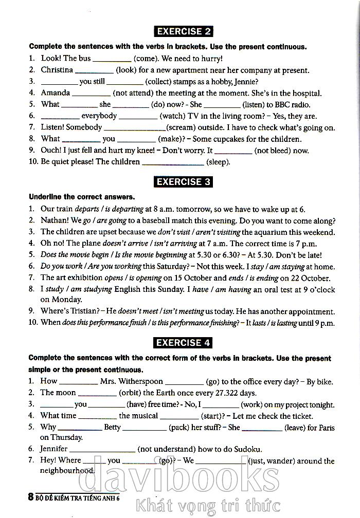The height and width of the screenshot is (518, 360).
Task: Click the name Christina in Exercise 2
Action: pyautogui.click(x=57, y=70)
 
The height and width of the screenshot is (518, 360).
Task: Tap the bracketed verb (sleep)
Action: pyautogui.click(x=218, y=162)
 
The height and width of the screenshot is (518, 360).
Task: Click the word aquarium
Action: pyautogui.click(x=274, y=232)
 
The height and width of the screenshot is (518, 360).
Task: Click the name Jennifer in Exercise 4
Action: pyautogui.click(x=55, y=449)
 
